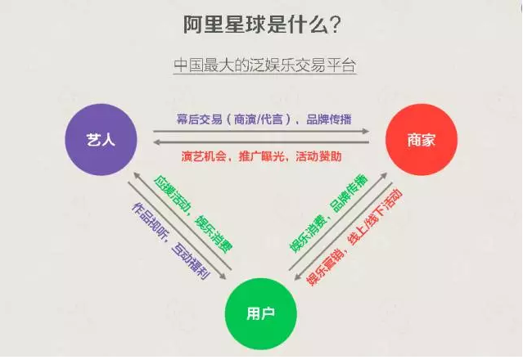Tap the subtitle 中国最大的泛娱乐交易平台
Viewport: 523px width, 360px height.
click(265, 65)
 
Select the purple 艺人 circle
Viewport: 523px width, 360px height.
click(101, 139)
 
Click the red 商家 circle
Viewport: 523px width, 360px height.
click(422, 139)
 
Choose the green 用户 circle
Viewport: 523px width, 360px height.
click(261, 313)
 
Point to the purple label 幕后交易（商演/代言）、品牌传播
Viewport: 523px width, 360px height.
click(264, 119)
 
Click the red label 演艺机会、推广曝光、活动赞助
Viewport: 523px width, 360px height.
click(262, 156)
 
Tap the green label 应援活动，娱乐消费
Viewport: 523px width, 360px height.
click(193, 214)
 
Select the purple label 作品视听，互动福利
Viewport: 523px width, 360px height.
click(171, 241)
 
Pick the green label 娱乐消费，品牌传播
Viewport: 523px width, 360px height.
click(329, 214)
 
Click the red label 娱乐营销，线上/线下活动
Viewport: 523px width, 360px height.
click(354, 237)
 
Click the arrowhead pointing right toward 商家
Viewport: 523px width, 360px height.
click(366, 132)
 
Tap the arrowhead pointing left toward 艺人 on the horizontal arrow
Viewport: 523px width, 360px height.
click(156, 142)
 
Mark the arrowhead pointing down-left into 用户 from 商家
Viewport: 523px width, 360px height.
click(298, 277)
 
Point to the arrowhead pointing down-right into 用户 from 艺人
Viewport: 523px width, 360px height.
click(223, 276)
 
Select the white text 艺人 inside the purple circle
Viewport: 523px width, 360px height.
click(101, 140)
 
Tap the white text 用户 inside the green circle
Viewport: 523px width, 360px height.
click(261, 313)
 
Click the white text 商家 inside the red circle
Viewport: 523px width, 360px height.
click(422, 140)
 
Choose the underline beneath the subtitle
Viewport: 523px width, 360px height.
click(265, 74)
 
